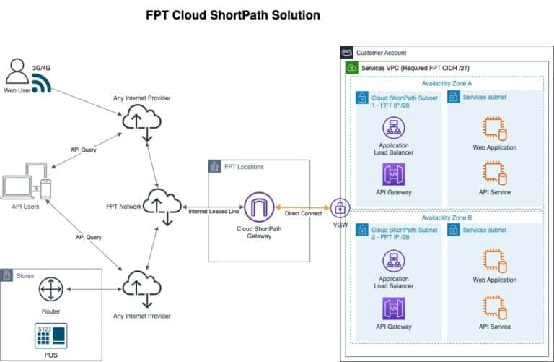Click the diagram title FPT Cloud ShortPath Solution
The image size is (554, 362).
coord(233,14)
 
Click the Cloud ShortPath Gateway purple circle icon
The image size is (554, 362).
coord(258,208)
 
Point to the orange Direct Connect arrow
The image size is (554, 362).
coord(302,208)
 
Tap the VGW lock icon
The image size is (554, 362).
coord(338,208)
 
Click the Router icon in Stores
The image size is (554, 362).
coord(50,289)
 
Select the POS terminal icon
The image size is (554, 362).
coord(50,335)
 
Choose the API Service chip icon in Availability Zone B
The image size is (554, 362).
coord(495,306)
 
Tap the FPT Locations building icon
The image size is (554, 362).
coord(215,167)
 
